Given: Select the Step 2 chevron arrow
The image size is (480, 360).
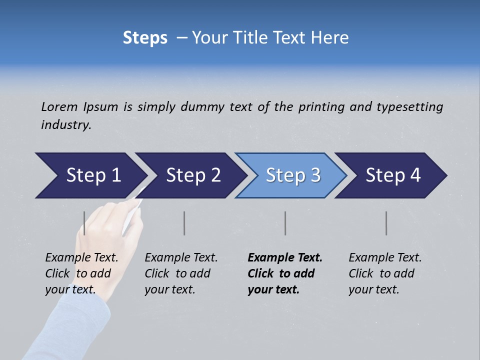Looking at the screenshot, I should click(192, 175).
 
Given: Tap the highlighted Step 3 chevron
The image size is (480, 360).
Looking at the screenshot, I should click(292, 175).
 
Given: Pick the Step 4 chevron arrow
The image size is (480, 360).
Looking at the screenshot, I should click(392, 175).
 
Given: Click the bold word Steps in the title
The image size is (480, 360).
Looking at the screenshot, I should click(145, 38).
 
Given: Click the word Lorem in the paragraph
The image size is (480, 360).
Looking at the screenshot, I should click(58, 106).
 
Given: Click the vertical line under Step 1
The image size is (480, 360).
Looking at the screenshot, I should click(84, 223).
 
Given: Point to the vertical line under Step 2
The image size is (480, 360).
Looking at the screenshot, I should click(184, 223).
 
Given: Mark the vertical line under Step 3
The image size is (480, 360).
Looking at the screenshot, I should click(285, 223).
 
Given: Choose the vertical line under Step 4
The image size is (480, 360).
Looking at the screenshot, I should click(386, 223).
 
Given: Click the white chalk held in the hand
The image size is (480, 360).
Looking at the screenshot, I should click(131, 215).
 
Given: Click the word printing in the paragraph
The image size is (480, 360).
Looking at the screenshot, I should click(321, 106).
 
